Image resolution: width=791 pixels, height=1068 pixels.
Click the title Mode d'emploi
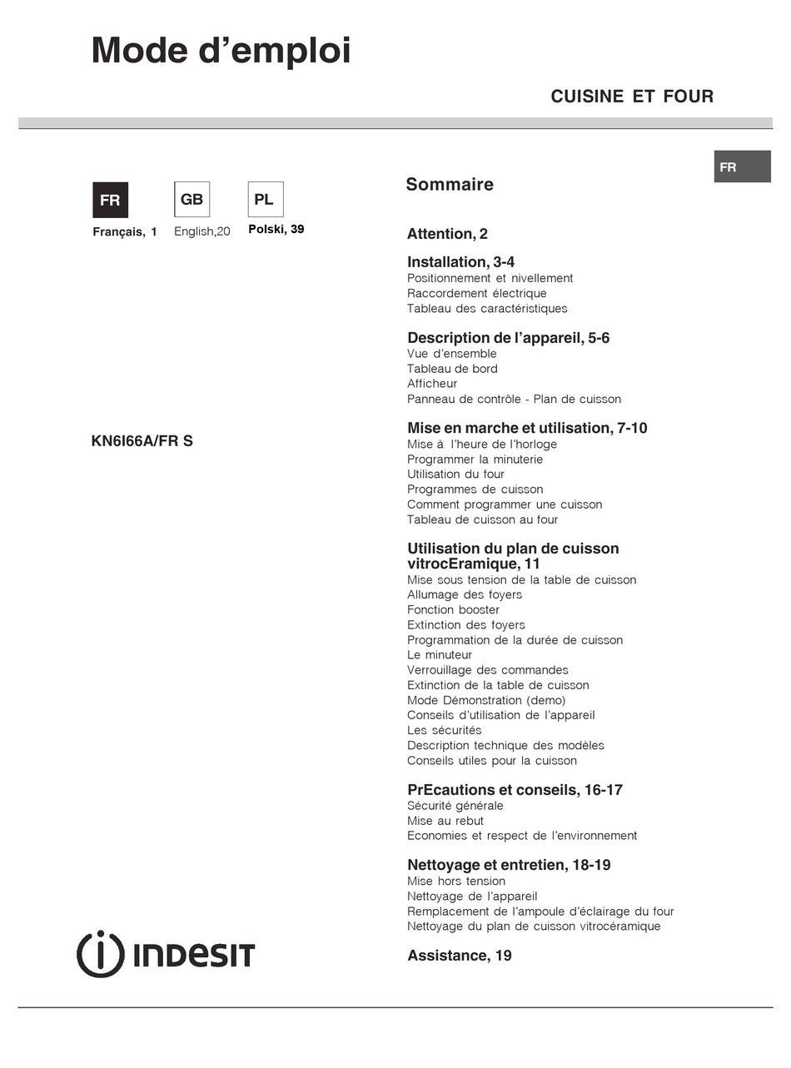pyautogui.click(x=221, y=52)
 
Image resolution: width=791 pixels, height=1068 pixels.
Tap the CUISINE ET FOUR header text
pyautogui.click(x=632, y=97)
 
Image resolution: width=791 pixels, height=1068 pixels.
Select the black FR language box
pyautogui.click(x=110, y=200)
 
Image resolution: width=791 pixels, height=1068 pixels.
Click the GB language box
pyautogui.click(x=192, y=200)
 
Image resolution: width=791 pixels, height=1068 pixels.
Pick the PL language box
pyautogui.click(x=265, y=200)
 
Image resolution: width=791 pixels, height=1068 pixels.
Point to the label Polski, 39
pyautogui.click(x=276, y=229)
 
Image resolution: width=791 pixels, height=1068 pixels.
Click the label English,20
pyautogui.click(x=201, y=231)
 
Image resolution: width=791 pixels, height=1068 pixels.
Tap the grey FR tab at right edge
pyautogui.click(x=741, y=167)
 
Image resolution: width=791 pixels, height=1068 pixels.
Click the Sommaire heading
pyautogui.click(x=450, y=185)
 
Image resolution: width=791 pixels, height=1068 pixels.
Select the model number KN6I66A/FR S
pyautogui.click(x=142, y=441)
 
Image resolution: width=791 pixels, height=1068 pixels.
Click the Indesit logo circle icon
pyautogui.click(x=100, y=954)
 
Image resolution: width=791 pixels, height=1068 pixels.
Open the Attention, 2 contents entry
pyautogui.click(x=447, y=234)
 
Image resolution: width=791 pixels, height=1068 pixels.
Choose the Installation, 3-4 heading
pyautogui.click(x=460, y=262)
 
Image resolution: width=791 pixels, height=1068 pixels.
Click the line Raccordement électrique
pyautogui.click(x=476, y=293)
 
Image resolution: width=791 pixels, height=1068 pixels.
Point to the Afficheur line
pyautogui.click(x=432, y=384)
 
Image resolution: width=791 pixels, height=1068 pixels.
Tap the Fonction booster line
pyautogui.click(x=453, y=609)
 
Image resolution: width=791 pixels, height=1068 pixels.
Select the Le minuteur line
pyautogui.click(x=440, y=655)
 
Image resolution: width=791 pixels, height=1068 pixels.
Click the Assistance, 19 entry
pyautogui.click(x=460, y=956)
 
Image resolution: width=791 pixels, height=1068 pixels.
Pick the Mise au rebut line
pyautogui.click(x=445, y=821)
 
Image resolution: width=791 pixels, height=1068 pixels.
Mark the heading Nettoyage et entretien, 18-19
pyautogui.click(x=509, y=865)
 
